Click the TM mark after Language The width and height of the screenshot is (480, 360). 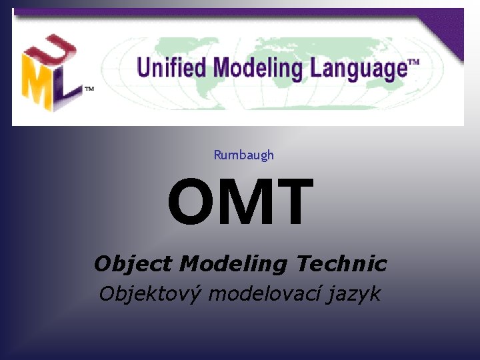413,63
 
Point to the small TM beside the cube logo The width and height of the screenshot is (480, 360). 88,88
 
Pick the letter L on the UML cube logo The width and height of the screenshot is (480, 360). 67,90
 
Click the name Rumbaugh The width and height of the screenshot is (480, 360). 243,155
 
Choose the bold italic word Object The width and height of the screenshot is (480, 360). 133,265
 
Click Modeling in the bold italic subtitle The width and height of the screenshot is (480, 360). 233,265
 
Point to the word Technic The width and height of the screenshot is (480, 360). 341,264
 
